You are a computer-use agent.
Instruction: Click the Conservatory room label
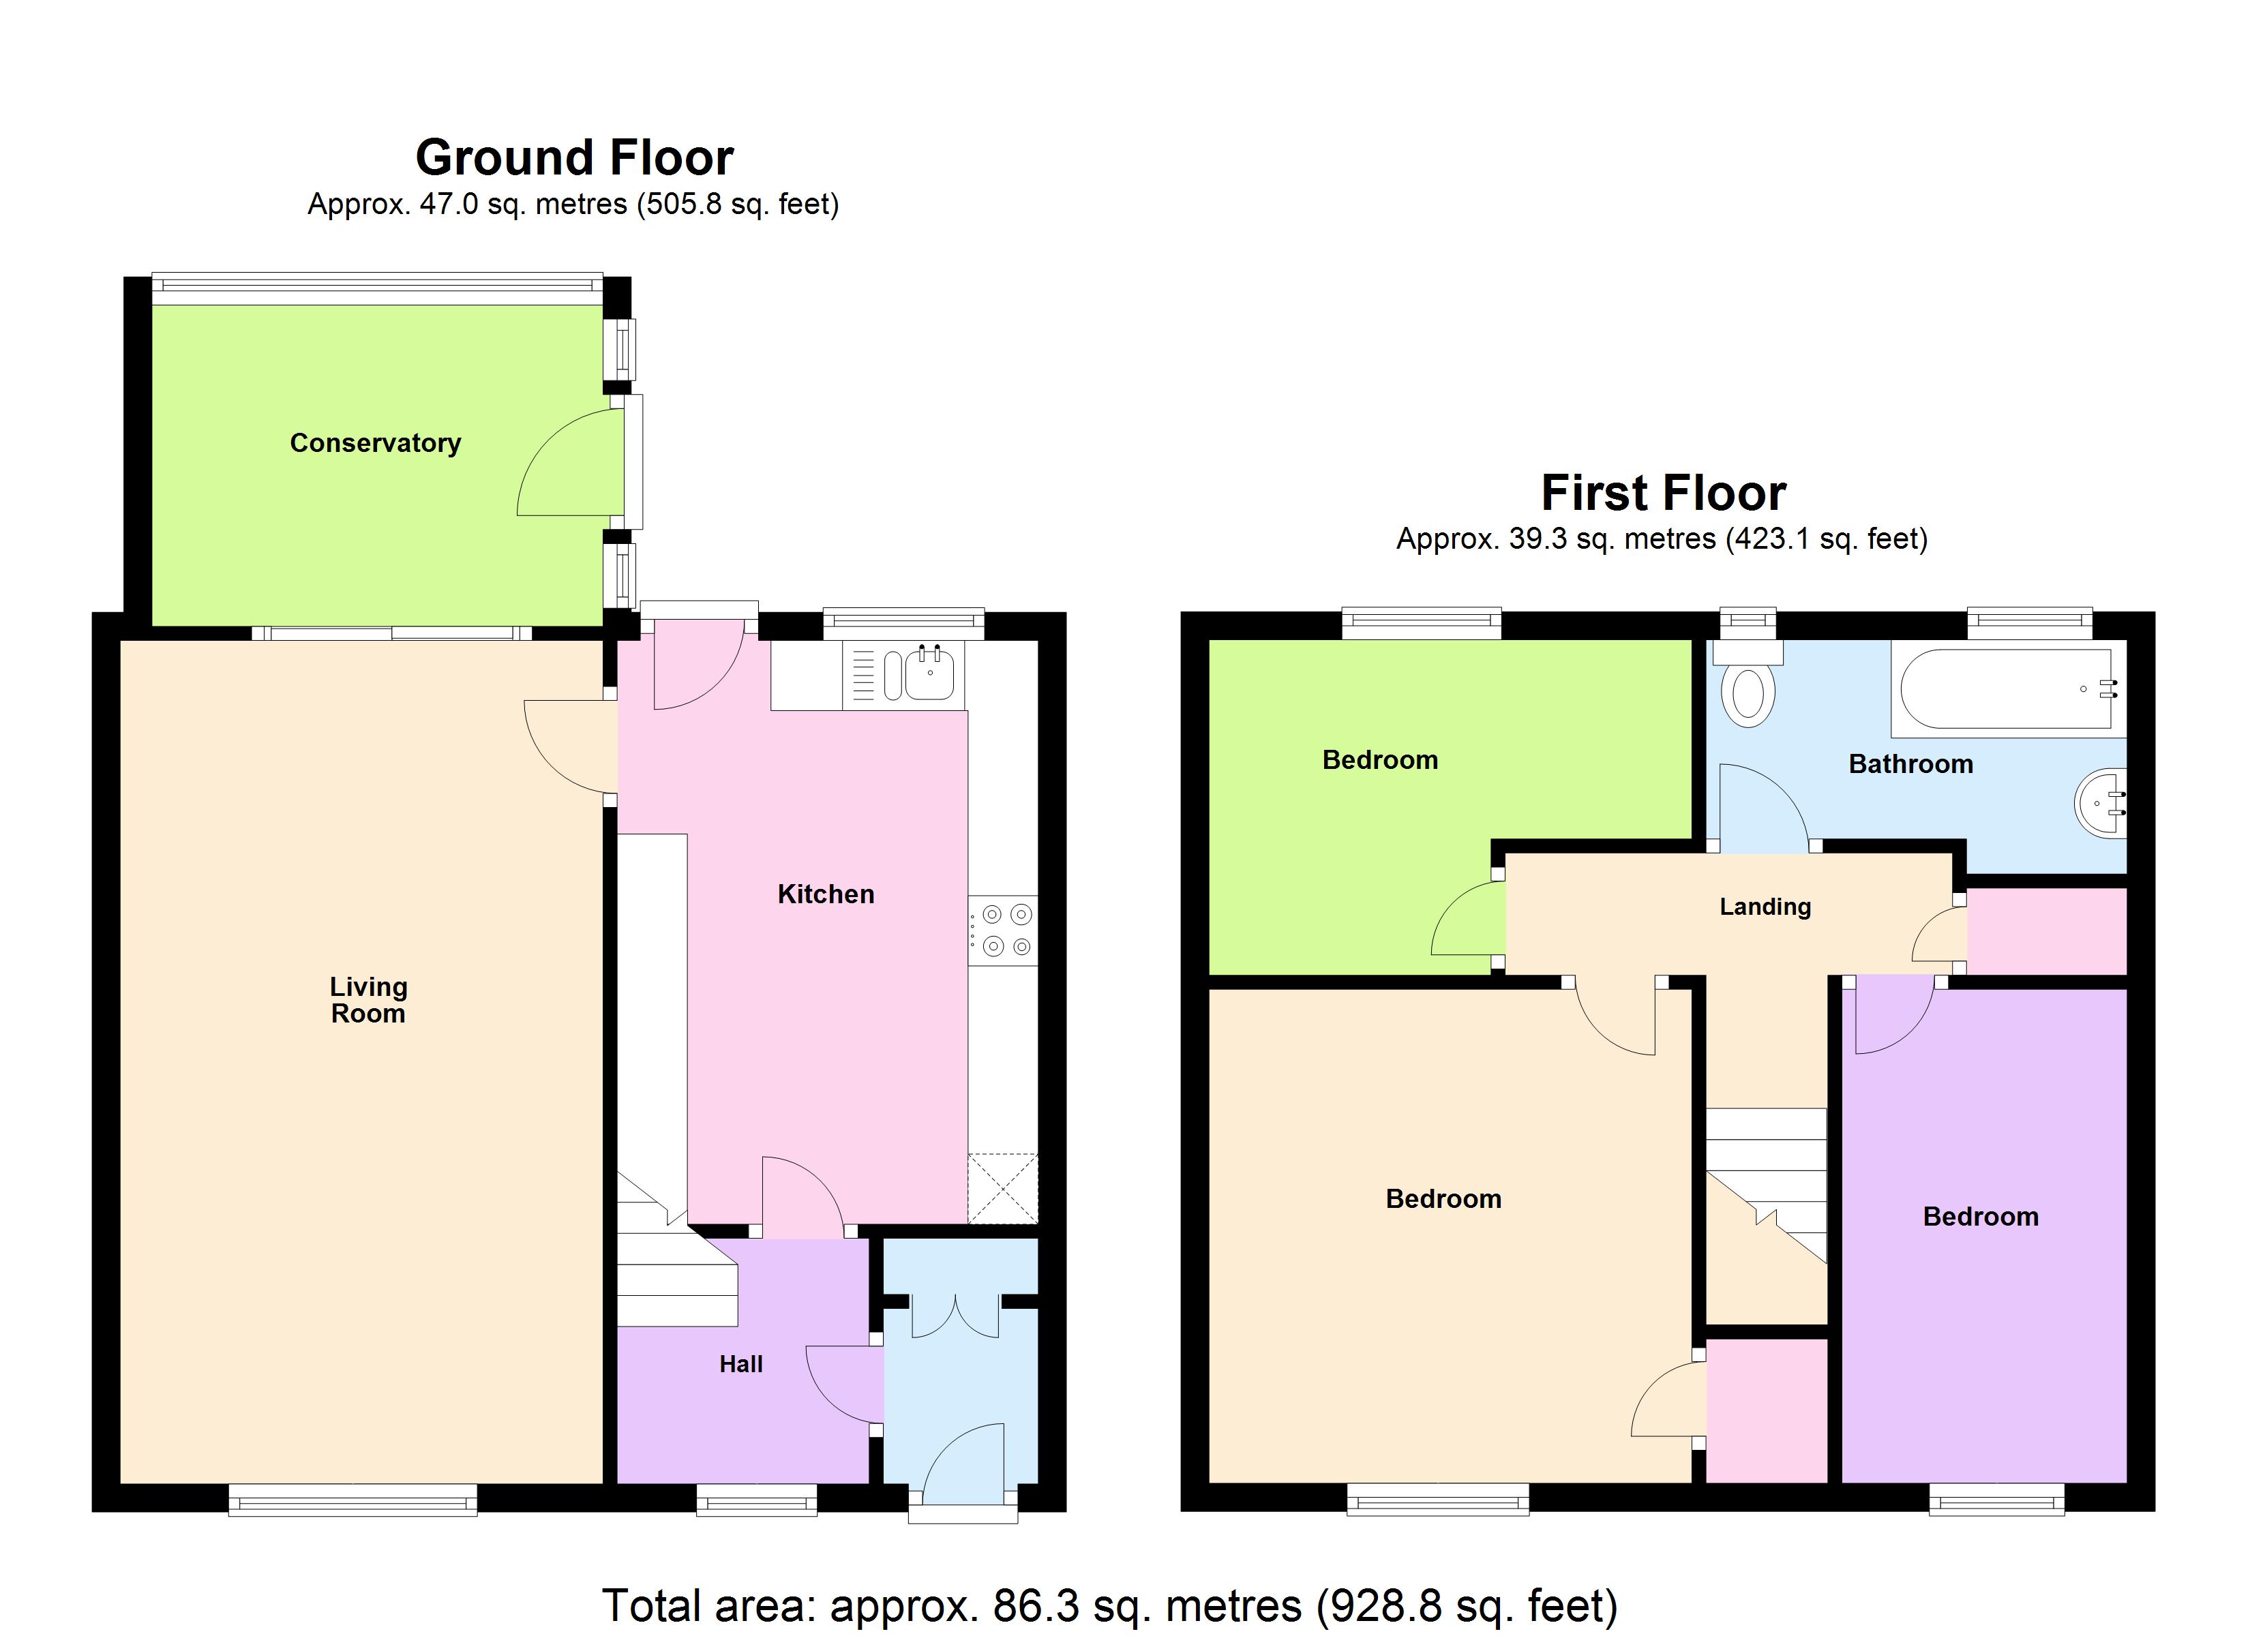[x=375, y=444]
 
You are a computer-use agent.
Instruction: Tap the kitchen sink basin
[x=929, y=675]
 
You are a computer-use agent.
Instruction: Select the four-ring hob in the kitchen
[x=1004, y=930]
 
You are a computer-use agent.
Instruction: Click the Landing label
[x=1765, y=907]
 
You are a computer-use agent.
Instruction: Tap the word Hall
[x=741, y=1364]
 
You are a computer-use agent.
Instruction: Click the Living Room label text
[x=368, y=1000]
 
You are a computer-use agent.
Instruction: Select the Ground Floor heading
[x=574, y=157]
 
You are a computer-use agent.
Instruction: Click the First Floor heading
[x=1663, y=493]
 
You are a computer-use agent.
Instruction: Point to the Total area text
[x=1109, y=1605]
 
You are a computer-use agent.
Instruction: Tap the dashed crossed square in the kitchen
[x=1002, y=1187]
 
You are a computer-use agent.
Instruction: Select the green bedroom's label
[x=1380, y=760]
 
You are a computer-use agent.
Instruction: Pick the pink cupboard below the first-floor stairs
[x=1766, y=1410]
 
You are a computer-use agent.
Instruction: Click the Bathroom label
[x=1910, y=764]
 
